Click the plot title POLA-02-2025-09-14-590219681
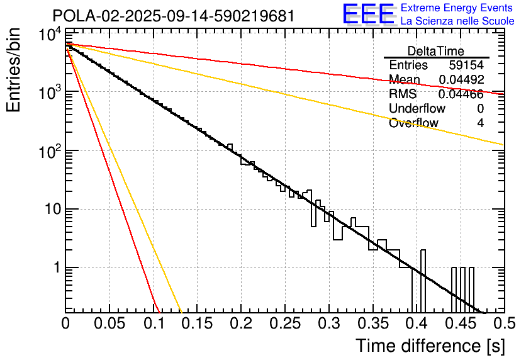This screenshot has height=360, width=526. point(174,16)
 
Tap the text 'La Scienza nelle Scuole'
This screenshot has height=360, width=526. point(457,21)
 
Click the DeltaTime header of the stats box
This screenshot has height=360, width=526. point(436,51)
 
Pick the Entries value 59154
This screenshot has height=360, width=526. point(466,65)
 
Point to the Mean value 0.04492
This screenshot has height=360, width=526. point(461,80)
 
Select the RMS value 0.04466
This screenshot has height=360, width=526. point(461,94)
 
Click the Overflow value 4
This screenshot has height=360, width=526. point(480,123)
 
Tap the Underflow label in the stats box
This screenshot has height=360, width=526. point(417,109)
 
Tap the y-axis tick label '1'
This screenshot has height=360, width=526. point(55,268)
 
